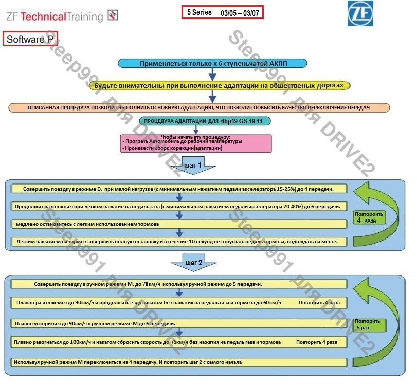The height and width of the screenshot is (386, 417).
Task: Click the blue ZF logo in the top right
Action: [360, 13]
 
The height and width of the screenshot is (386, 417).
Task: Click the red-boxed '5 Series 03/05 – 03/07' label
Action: [223, 12]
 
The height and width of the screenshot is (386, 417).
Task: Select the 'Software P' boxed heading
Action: [30, 39]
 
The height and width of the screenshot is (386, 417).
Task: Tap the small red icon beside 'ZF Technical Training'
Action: [113, 15]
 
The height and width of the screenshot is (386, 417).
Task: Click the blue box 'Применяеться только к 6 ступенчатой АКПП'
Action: [212, 63]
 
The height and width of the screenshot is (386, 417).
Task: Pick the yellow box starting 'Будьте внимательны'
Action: [220, 85]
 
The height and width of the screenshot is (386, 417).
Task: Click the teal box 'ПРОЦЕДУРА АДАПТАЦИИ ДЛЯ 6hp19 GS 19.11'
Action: [204, 122]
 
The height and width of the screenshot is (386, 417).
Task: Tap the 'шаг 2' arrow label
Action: [194, 263]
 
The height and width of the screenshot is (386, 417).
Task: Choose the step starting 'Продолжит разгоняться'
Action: [179, 206]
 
